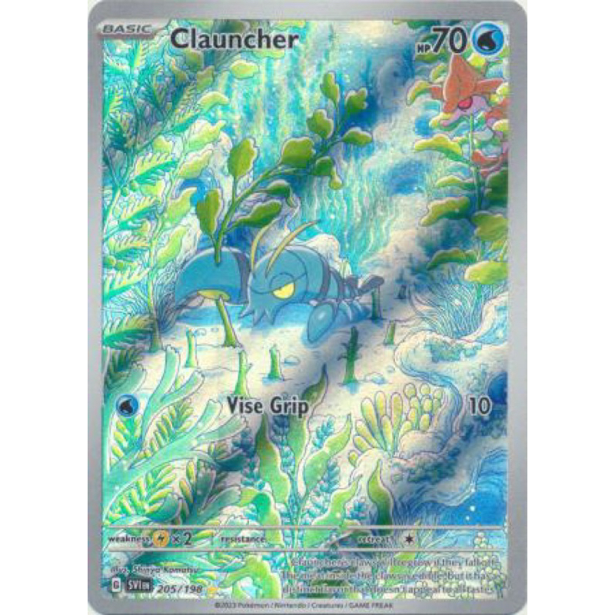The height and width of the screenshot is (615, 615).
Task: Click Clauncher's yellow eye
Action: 283,290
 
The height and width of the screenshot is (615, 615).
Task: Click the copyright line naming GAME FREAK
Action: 308,598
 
